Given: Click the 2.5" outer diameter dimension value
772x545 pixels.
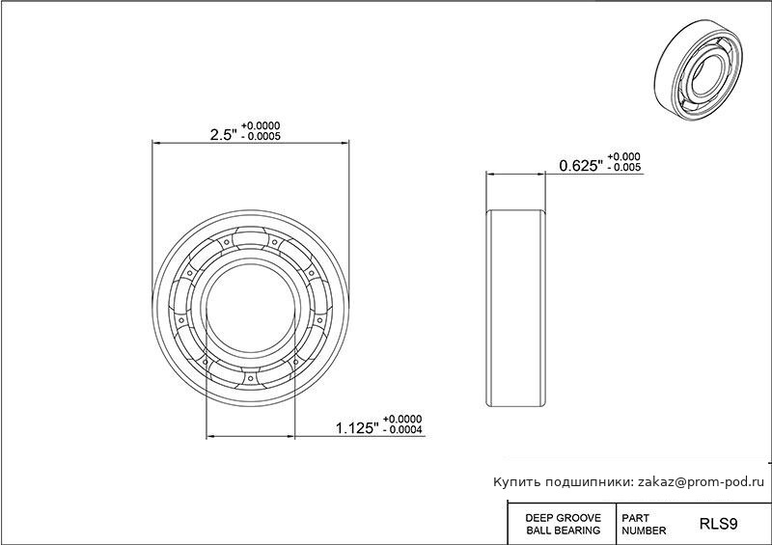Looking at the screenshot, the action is (224, 134).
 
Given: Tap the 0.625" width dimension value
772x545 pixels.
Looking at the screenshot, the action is (581, 166).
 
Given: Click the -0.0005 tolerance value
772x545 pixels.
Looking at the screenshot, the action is (261, 136).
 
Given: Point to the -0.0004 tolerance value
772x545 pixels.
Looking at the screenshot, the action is (402, 430).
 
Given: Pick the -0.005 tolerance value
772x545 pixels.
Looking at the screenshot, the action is (624, 168).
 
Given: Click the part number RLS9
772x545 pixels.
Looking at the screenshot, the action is (718, 524).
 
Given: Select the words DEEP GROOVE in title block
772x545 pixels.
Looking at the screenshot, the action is (564, 518).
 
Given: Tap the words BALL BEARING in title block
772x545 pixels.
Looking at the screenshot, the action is (564, 531).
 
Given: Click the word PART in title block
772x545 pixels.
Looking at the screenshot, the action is (635, 518).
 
